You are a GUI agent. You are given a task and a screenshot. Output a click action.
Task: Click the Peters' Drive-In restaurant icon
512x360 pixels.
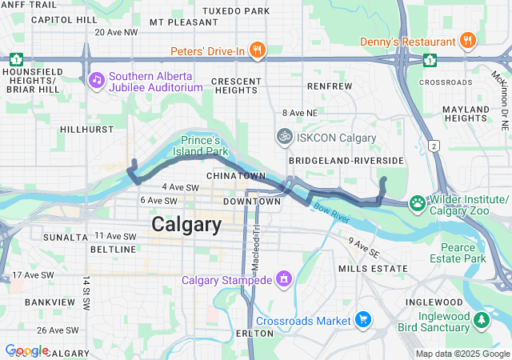pos(257,51)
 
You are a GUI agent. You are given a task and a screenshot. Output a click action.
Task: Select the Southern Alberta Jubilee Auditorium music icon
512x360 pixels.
pos(96,80)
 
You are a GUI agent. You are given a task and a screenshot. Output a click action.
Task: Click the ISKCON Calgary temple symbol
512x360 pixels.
pos(284,138)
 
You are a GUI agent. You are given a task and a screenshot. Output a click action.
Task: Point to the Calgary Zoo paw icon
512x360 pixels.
pos(417,203)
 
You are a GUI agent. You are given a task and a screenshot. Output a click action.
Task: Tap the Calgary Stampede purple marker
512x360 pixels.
pos(282,279)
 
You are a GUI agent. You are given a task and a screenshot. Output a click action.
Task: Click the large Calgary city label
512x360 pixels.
pos(186,225)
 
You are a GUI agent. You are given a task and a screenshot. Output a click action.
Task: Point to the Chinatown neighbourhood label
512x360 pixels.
pos(235,175)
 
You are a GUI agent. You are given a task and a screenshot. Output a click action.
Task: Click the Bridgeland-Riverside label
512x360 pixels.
pos(346,161)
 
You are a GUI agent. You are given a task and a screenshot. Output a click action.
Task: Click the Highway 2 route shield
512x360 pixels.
pos(434,146)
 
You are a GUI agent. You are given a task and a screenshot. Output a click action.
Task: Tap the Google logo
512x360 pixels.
pos(26,350)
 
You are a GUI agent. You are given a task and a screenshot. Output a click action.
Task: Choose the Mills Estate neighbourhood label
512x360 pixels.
pos(374,268)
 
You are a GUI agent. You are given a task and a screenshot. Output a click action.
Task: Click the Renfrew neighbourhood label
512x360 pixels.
pos(329,86)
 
